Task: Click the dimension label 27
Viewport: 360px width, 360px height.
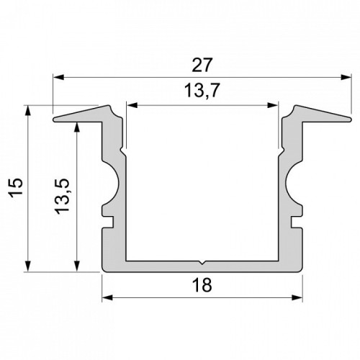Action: pos(202,65)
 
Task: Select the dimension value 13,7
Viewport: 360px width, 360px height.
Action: pos(202,91)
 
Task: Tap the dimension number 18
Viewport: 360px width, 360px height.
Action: pos(202,285)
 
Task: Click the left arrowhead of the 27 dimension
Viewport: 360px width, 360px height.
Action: pos(58,77)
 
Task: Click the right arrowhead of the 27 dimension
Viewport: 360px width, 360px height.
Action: pos(346,77)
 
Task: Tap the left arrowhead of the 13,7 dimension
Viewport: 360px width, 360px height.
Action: pos(132,105)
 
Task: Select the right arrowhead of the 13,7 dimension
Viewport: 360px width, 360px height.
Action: pos(273,105)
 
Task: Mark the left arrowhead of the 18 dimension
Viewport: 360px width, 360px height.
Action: pos(108,298)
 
